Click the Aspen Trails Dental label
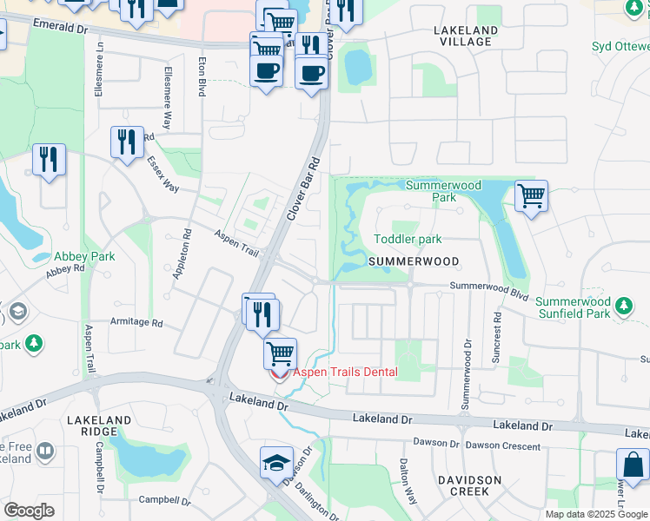pyautogui.click(x=345, y=373)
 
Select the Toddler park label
pyautogui.click(x=408, y=239)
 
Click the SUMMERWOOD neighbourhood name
pyautogui.click(x=413, y=260)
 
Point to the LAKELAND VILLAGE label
pyautogui.click(x=466, y=36)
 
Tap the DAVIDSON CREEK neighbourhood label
pyautogui.click(x=470, y=485)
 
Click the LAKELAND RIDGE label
pyautogui.click(x=99, y=425)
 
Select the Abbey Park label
pyautogui.click(x=84, y=256)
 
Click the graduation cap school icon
pyautogui.click(x=276, y=462)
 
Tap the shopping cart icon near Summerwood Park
pyautogui.click(x=531, y=195)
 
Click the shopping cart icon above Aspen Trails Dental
pyautogui.click(x=280, y=353)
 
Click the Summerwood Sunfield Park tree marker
pyautogui.click(x=623, y=306)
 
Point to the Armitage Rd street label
pyautogui.click(x=136, y=322)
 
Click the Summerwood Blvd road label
pyautogui.click(x=489, y=290)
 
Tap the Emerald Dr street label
pyautogui.click(x=60, y=28)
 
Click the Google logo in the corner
pyautogui.click(x=29, y=511)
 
